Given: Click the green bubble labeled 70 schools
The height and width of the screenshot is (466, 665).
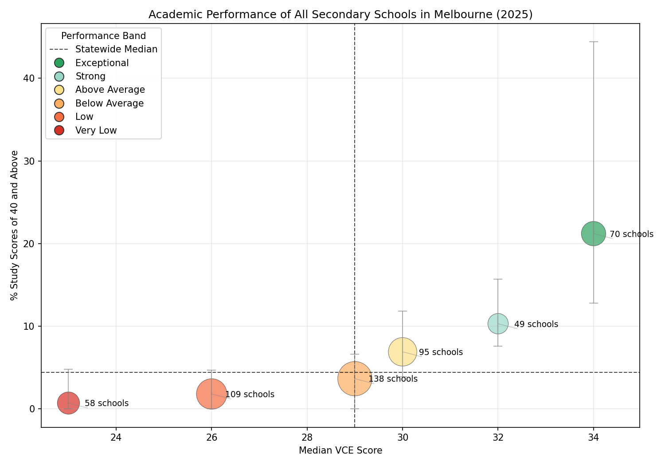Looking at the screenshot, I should point(593,233).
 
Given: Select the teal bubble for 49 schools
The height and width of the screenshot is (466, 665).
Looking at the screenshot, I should point(498,324).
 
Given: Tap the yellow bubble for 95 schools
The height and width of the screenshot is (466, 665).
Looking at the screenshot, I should point(402,352).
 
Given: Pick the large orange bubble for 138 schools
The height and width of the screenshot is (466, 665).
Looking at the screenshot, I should point(355,379).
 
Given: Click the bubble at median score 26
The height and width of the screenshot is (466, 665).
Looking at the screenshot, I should point(211,394).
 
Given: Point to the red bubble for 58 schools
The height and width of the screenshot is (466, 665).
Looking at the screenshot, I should point(68,403).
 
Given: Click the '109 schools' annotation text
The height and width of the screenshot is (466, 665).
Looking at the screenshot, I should point(250,395).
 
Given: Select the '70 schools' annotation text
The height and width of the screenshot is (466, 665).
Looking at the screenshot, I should point(631,234).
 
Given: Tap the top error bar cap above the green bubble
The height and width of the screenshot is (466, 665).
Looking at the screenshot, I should point(593,42).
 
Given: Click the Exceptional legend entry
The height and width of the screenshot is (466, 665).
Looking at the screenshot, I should point(102,63).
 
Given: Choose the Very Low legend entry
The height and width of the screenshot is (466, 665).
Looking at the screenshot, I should point(96,130).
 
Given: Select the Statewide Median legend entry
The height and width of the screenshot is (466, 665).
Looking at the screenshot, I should point(116,49).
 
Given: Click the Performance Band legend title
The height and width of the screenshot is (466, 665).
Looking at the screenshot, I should point(103,36).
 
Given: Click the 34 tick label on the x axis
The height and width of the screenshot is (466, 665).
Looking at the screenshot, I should point(593,437).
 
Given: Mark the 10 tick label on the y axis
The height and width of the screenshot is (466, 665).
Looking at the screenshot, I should point(31,326).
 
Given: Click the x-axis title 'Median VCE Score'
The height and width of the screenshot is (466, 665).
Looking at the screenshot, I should point(340,451).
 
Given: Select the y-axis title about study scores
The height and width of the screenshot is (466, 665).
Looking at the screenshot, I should point(15,225).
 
